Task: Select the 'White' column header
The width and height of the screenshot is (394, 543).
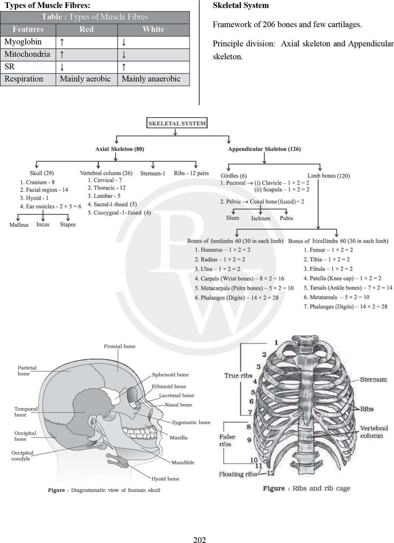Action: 153,29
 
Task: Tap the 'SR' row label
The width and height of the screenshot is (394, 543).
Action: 9,67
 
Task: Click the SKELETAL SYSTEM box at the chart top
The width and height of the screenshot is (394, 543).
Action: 177,124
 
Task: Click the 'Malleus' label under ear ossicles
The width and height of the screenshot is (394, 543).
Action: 19,224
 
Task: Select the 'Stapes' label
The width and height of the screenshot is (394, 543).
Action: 68,224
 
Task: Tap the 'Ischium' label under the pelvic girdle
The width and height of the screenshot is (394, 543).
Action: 261,218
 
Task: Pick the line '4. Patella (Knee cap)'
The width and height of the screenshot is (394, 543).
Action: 342,278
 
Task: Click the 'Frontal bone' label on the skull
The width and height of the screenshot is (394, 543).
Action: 120,347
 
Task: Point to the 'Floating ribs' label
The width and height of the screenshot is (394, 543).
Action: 238,474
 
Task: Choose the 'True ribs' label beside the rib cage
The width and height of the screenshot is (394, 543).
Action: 238,375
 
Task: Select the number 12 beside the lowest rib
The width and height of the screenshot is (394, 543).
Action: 270,473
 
